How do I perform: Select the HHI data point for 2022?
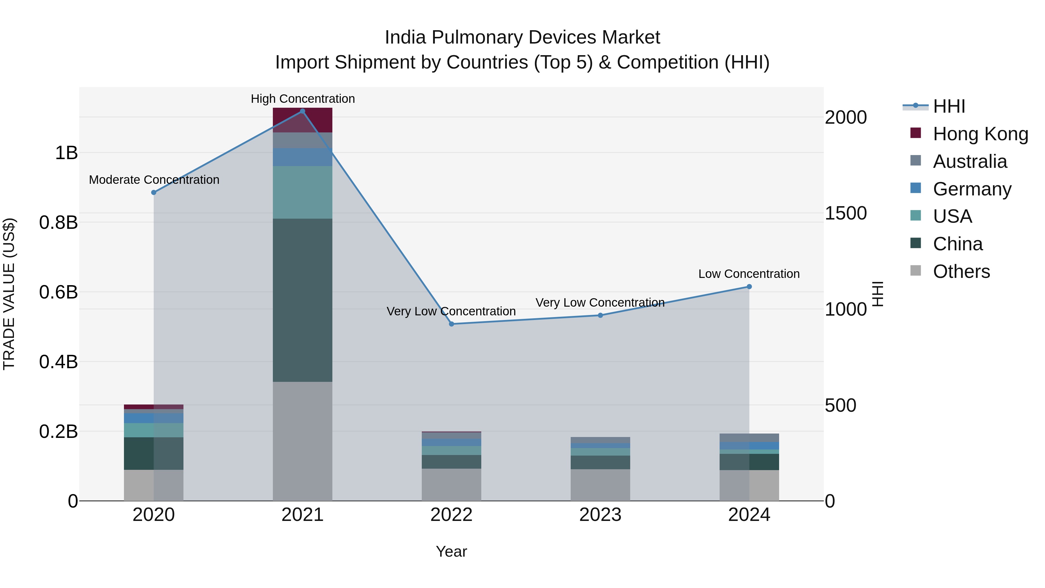coord(451,324)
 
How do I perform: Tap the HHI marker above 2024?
coord(749,287)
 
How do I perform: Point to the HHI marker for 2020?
coord(154,192)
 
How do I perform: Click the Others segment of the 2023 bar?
coord(600,485)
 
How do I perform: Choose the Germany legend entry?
coord(972,189)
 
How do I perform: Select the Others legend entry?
coord(961,271)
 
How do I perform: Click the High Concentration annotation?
coord(303,99)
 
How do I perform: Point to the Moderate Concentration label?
coord(154,180)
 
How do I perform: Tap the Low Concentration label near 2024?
coord(749,274)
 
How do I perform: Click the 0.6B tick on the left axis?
coord(58,292)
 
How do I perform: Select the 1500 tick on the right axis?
coord(846,213)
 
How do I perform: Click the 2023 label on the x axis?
coord(600,515)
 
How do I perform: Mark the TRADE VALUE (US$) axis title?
coord(9,294)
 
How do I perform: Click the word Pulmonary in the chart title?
coord(477,37)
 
